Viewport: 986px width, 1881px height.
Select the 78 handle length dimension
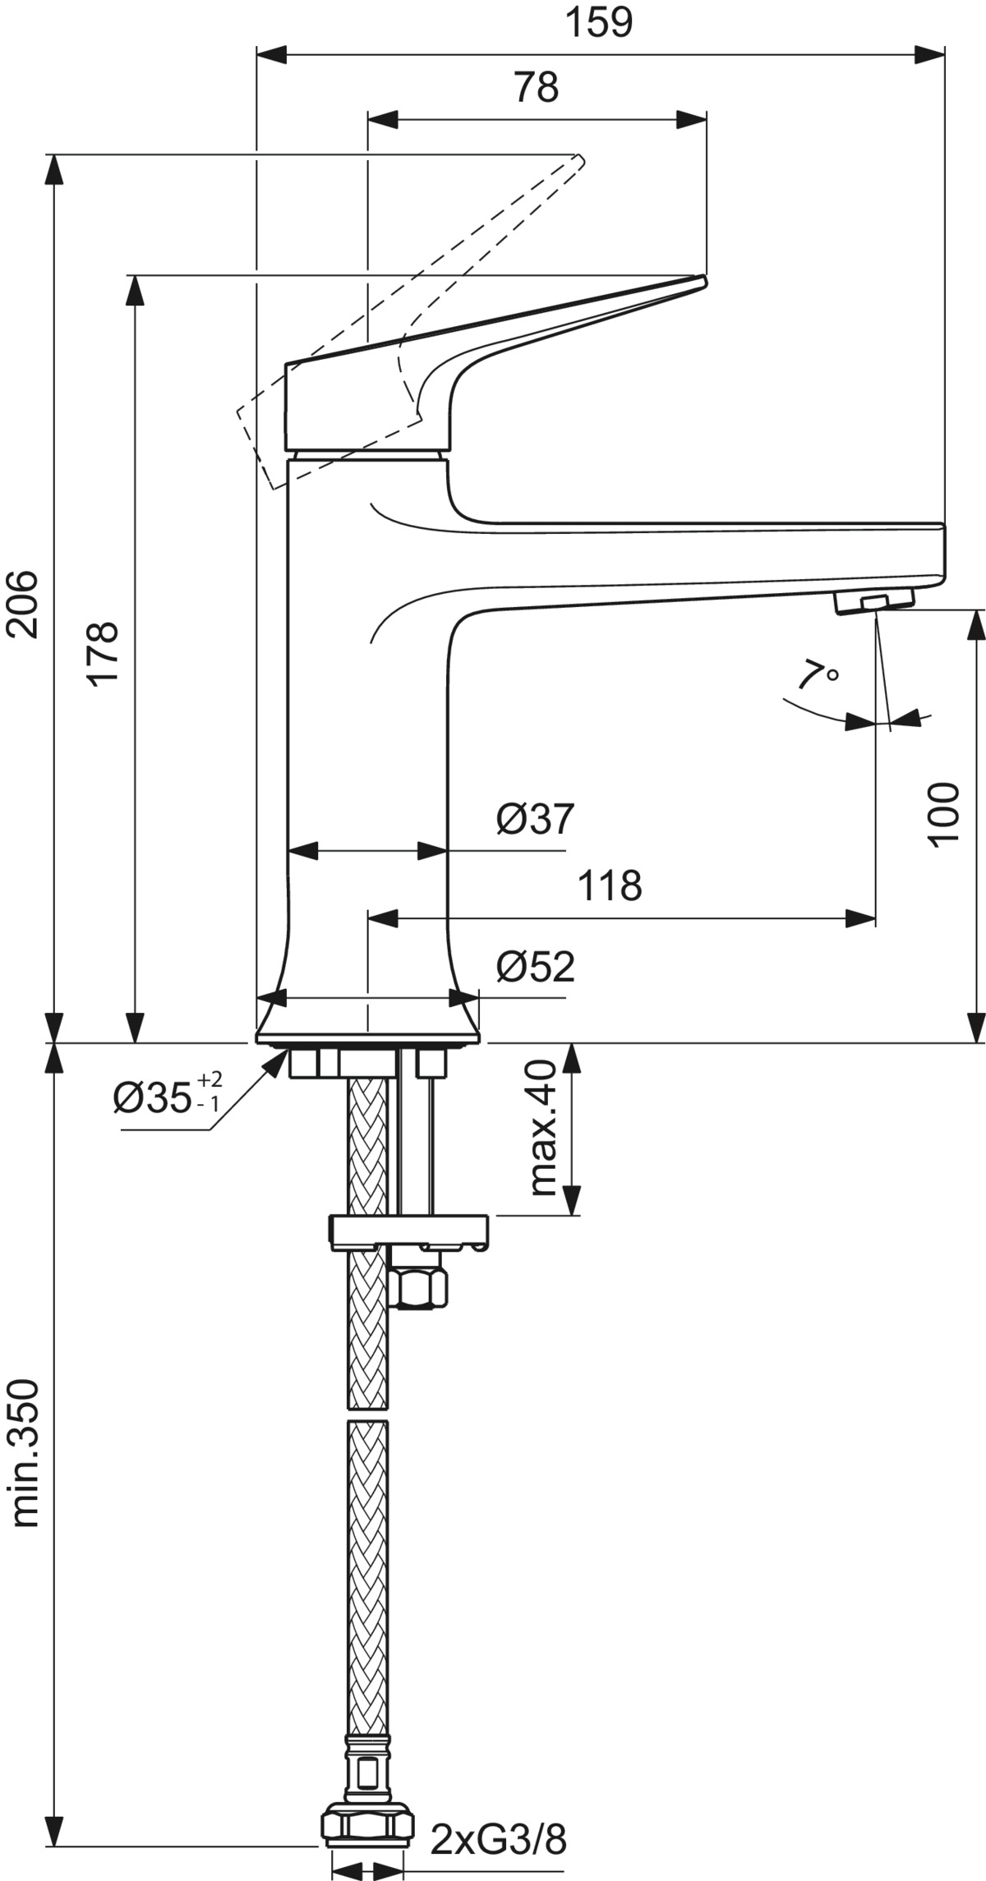point(536,87)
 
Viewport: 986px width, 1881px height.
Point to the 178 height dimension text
point(104,654)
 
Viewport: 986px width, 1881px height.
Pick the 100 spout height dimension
point(944,813)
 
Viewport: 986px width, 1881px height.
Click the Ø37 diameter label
point(535,819)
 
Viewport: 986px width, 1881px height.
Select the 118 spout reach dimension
point(610,885)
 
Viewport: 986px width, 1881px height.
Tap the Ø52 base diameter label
point(535,967)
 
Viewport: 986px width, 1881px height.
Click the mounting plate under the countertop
point(409,1230)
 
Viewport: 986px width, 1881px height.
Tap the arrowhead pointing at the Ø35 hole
point(271,1060)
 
